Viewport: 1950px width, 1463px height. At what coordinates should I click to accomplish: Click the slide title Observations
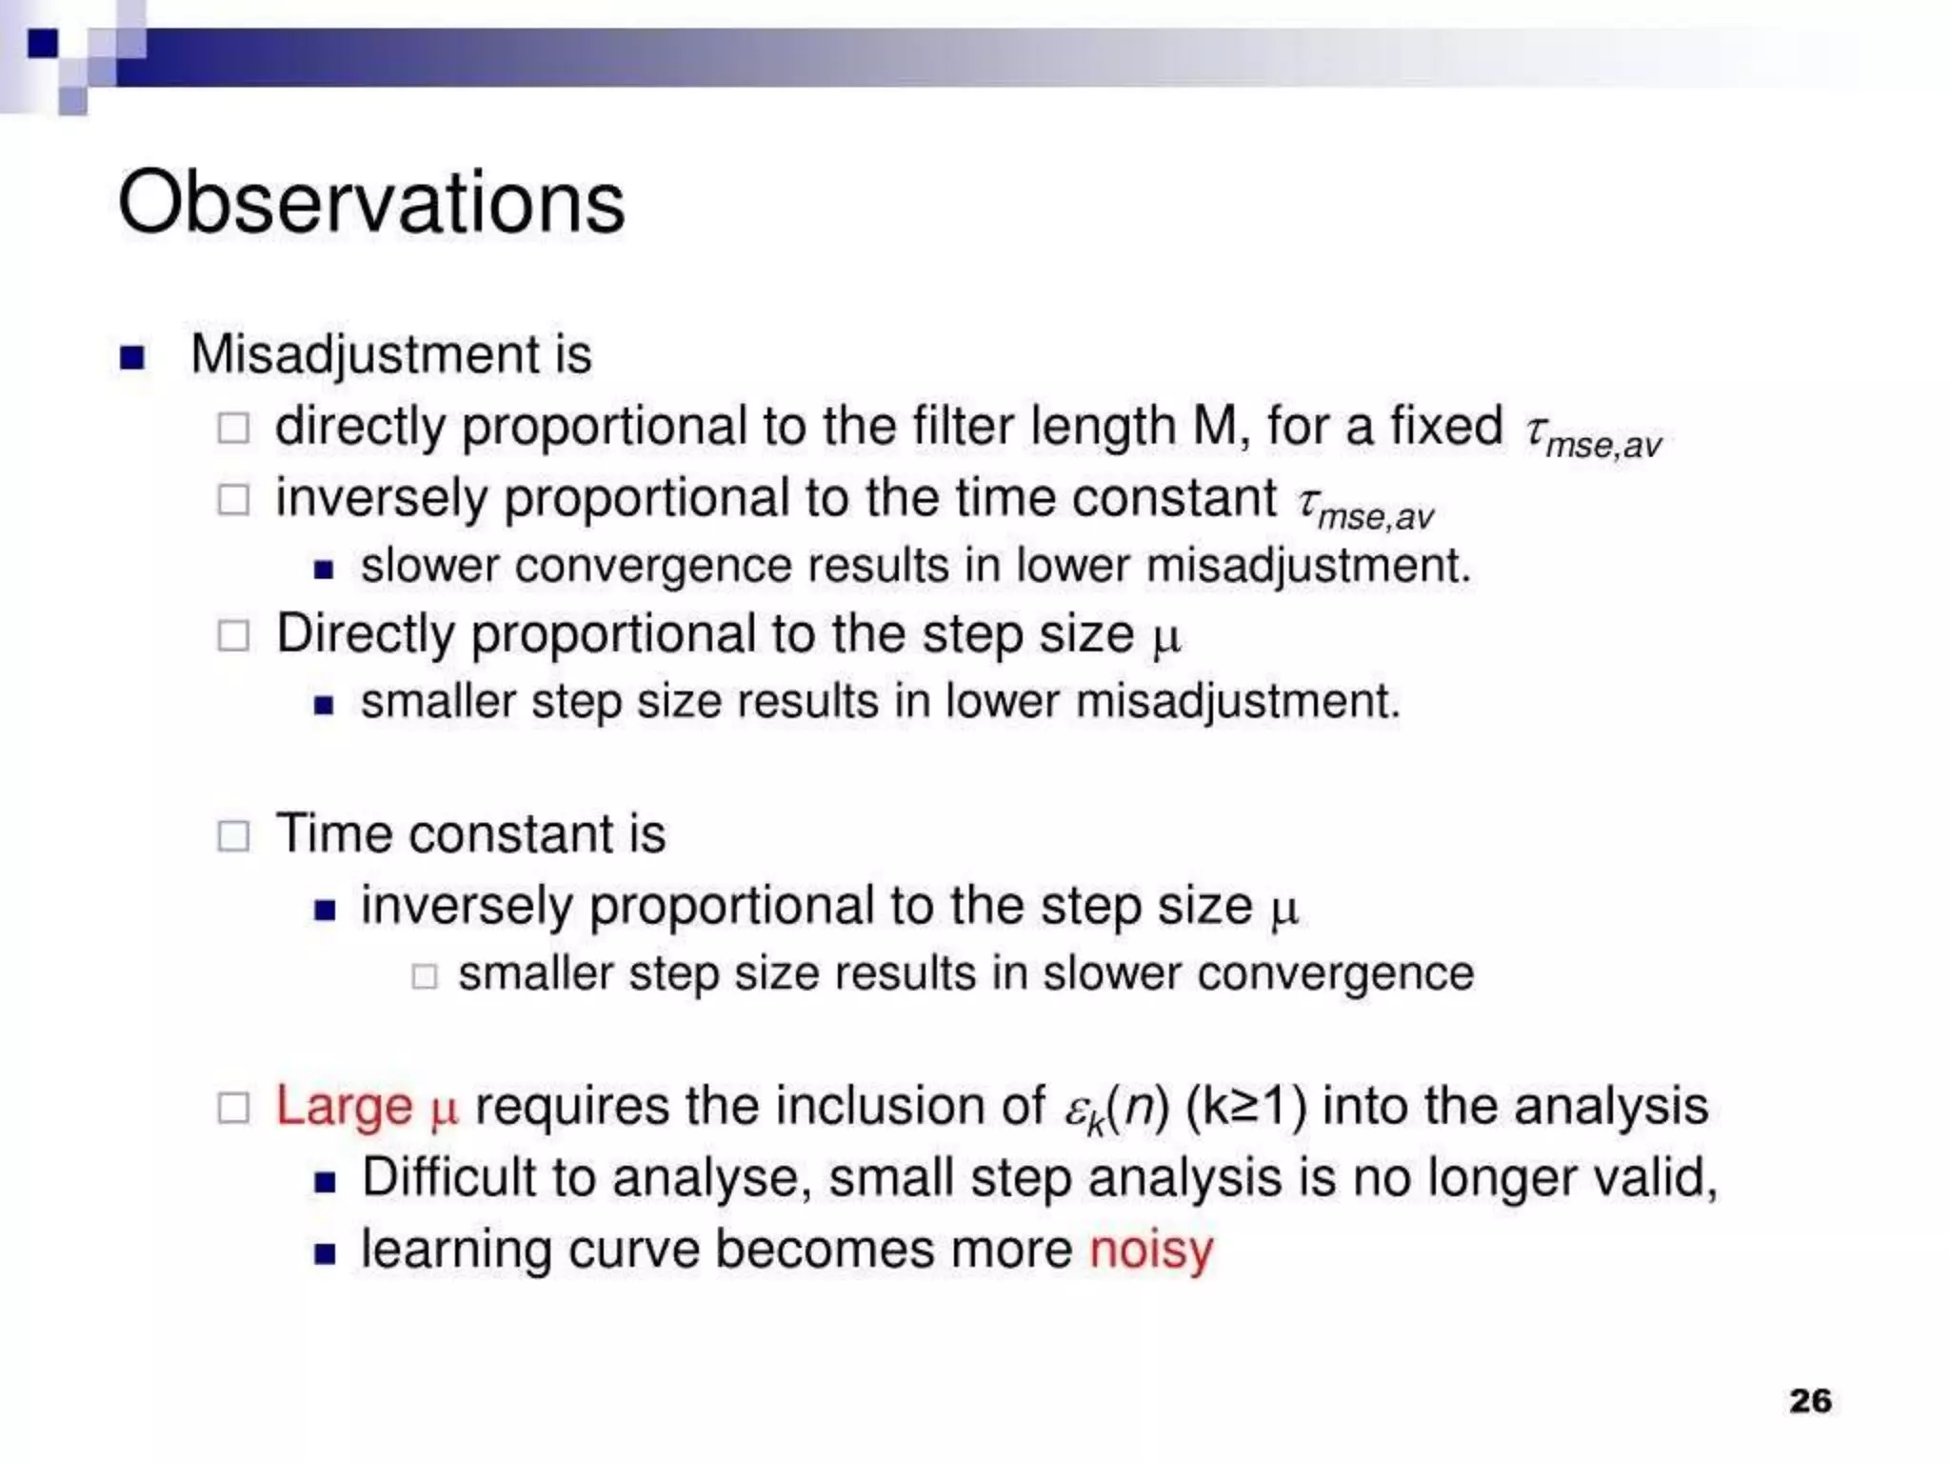click(371, 202)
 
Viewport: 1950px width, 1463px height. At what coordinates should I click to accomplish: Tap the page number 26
click(1810, 1400)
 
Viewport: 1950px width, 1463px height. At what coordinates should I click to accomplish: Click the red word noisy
click(1151, 1250)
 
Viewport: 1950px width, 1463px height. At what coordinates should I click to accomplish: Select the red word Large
click(344, 1107)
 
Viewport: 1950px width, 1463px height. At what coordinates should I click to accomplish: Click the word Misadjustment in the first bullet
click(366, 354)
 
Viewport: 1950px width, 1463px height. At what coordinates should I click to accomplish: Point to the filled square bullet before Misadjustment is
click(132, 357)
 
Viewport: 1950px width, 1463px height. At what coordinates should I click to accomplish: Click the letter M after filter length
click(1213, 426)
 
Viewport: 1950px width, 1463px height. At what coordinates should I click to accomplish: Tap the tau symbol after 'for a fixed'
click(1535, 431)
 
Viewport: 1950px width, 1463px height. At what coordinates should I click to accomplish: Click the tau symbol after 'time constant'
click(1307, 502)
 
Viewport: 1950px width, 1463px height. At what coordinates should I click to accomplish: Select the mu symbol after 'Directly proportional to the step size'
click(1166, 638)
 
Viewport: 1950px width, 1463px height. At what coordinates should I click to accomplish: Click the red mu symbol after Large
click(444, 1111)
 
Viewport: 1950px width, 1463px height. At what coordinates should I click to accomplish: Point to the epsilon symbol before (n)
click(1075, 1111)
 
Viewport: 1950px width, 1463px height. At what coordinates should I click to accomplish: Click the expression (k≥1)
click(1246, 1107)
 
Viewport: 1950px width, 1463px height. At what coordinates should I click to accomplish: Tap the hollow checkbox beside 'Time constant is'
click(233, 836)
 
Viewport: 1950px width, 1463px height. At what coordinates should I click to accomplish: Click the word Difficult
click(448, 1178)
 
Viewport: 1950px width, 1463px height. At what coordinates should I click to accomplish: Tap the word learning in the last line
click(456, 1250)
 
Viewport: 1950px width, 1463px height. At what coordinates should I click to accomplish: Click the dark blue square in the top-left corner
click(43, 44)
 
